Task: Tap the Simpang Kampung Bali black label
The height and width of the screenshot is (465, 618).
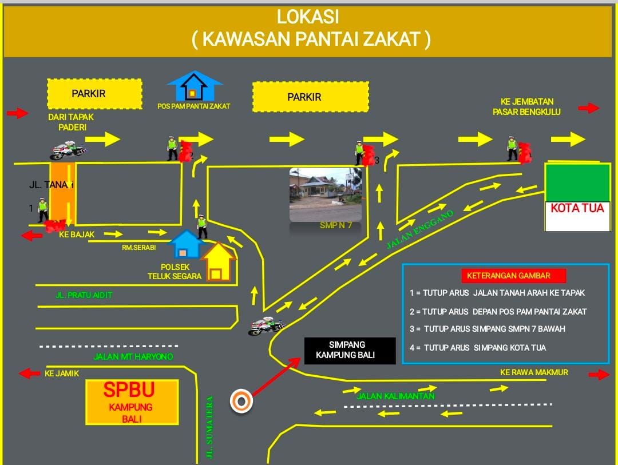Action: pyautogui.click(x=350, y=351)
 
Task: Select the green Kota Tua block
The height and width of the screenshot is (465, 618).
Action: pyautogui.click(x=577, y=182)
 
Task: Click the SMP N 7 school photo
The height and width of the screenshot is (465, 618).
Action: pyautogui.click(x=325, y=194)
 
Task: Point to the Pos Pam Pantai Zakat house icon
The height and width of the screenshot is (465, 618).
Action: pyautogui.click(x=195, y=86)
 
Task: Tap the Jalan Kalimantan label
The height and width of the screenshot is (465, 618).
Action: pyautogui.click(x=395, y=396)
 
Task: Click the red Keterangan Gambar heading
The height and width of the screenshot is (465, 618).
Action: pyautogui.click(x=513, y=276)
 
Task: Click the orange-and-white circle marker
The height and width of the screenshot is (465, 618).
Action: pyautogui.click(x=241, y=402)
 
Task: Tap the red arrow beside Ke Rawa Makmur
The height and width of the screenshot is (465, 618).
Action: pyautogui.click(x=599, y=375)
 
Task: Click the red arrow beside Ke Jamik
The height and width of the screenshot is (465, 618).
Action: pyautogui.click(x=26, y=373)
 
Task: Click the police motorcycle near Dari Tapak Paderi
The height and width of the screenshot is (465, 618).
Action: pyautogui.click(x=68, y=151)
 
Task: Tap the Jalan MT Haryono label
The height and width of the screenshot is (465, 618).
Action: pyautogui.click(x=133, y=357)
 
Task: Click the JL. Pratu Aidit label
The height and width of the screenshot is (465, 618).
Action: pyautogui.click(x=84, y=295)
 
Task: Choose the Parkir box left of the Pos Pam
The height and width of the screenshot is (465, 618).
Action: pyautogui.click(x=94, y=94)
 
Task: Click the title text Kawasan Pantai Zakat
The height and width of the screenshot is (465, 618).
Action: pyautogui.click(x=311, y=39)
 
